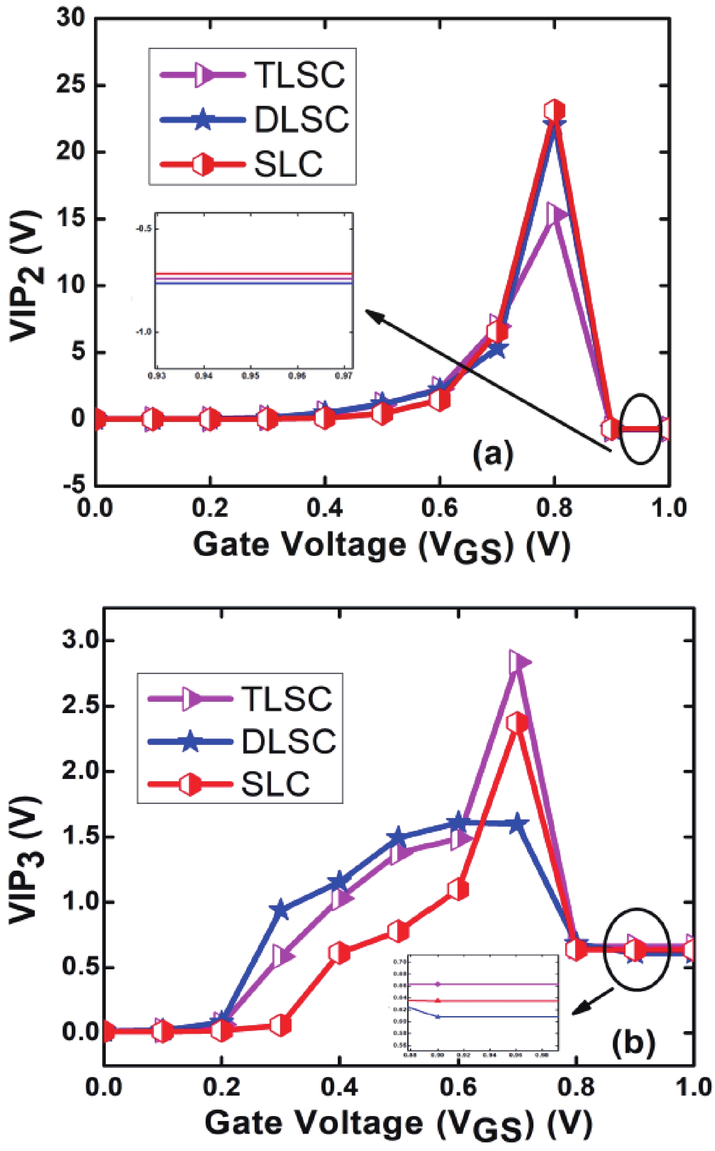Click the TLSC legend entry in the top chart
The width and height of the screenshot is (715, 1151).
tap(299, 75)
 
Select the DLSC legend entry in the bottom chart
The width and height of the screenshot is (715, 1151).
tap(288, 741)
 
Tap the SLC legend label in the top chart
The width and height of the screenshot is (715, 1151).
tap(288, 164)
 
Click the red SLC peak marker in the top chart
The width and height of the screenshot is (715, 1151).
tap(554, 111)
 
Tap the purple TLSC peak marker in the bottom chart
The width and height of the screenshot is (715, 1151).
tap(519, 662)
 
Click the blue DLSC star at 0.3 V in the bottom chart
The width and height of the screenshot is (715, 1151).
tap(281, 909)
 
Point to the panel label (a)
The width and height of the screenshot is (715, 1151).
tap(493, 453)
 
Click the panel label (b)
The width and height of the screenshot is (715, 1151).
tap(633, 1041)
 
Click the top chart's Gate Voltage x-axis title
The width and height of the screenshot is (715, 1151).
tap(382, 546)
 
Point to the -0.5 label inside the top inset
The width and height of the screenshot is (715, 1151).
tap(144, 229)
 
